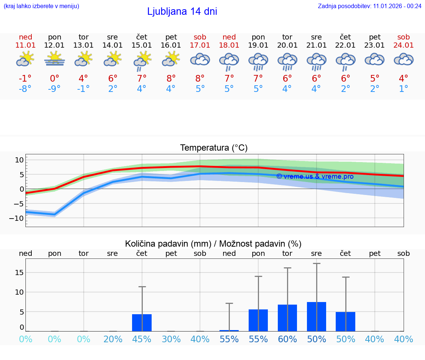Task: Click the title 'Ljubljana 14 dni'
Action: pos(182,11)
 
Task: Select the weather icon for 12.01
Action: pos(55,59)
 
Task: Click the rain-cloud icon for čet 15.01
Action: pos(142,61)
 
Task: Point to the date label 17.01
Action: pos(200,45)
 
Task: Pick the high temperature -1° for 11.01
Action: pos(25,78)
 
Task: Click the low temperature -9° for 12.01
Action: pos(55,89)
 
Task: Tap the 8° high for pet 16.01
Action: pos(171,78)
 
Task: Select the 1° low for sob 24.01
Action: pos(404,89)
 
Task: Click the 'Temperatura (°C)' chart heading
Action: pos(214,148)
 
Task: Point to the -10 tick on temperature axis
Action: pos(19,218)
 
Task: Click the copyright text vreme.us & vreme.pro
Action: pos(315,176)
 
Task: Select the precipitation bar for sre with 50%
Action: pos(317,316)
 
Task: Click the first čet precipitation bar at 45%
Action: pos(142,322)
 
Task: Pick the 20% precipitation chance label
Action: pos(113,339)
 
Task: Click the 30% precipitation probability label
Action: pos(171,339)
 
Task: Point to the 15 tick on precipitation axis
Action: pos(19,272)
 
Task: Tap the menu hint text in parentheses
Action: pos(41,6)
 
